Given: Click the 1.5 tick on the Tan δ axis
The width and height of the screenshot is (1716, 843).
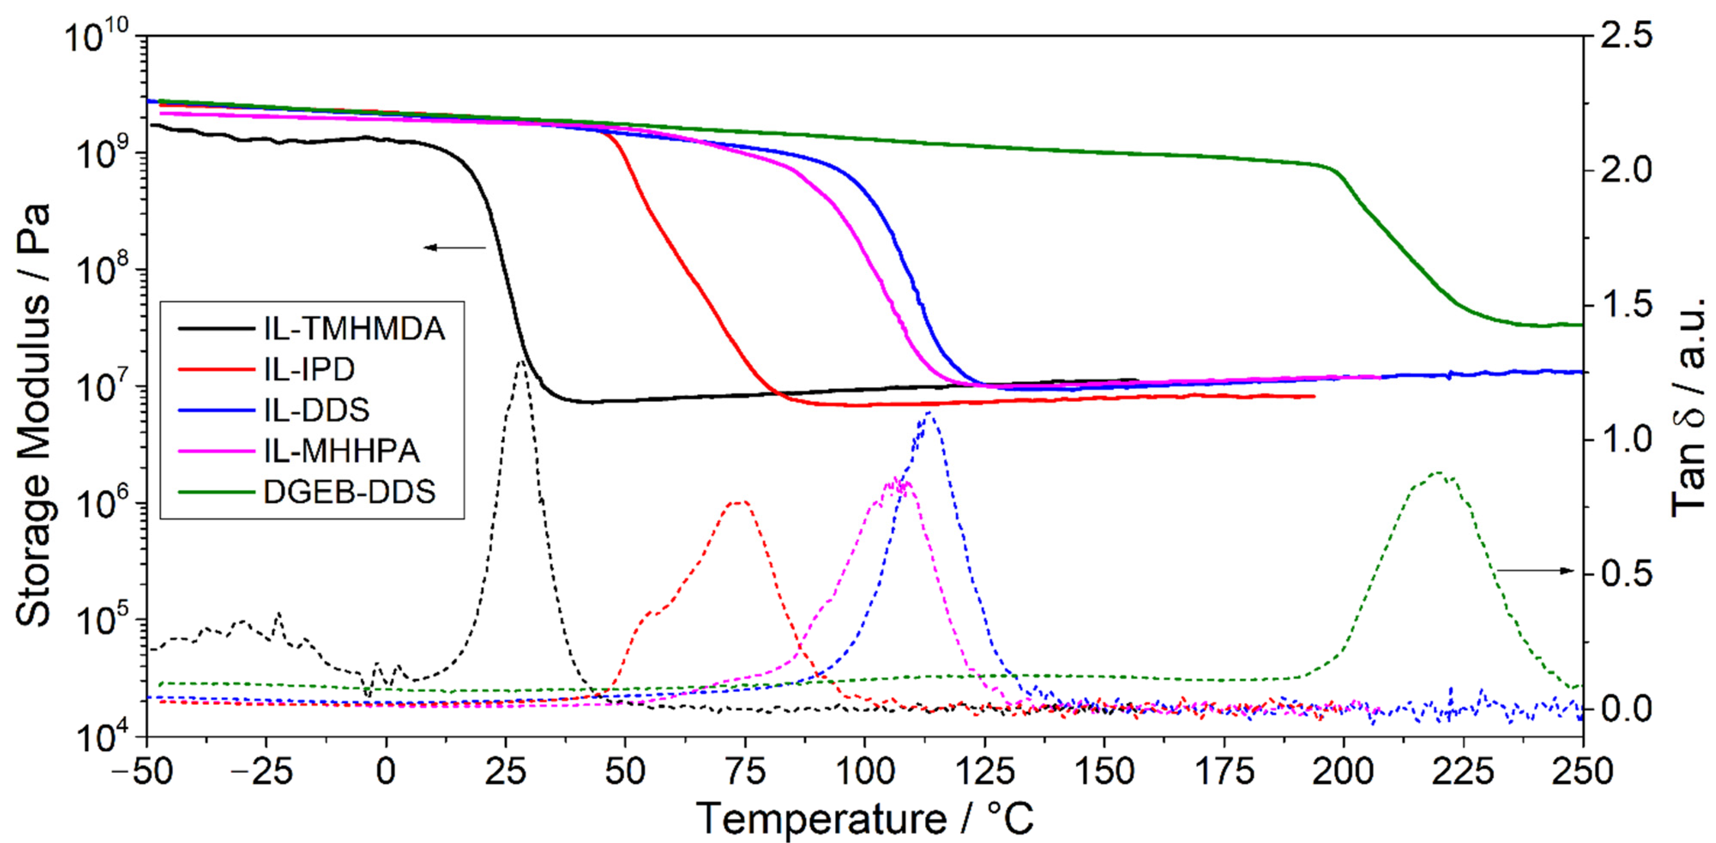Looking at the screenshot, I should (x=1626, y=305).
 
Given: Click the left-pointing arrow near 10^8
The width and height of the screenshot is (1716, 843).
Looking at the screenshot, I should (x=455, y=248).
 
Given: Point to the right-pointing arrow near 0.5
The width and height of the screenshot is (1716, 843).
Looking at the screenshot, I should (x=1535, y=570).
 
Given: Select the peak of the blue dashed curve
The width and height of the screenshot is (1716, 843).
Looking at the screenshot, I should (x=929, y=414).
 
